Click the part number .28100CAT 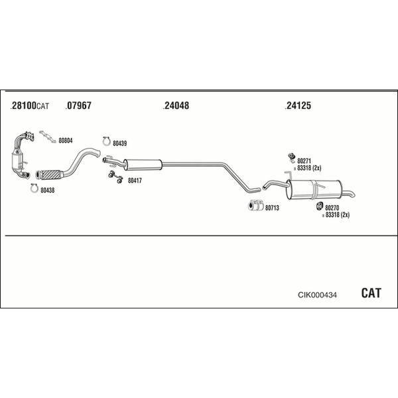29,105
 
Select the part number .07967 78,105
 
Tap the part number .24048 176,105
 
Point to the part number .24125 298,105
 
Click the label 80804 66,141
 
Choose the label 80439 120,143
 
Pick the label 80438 48,190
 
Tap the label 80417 135,180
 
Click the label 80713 272,208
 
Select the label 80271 304,161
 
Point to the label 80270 332,208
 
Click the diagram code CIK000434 317,295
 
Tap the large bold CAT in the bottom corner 371,293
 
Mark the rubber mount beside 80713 256,205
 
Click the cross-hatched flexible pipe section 50,174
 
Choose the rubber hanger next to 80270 320,206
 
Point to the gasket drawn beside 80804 48,137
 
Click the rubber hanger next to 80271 291,157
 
